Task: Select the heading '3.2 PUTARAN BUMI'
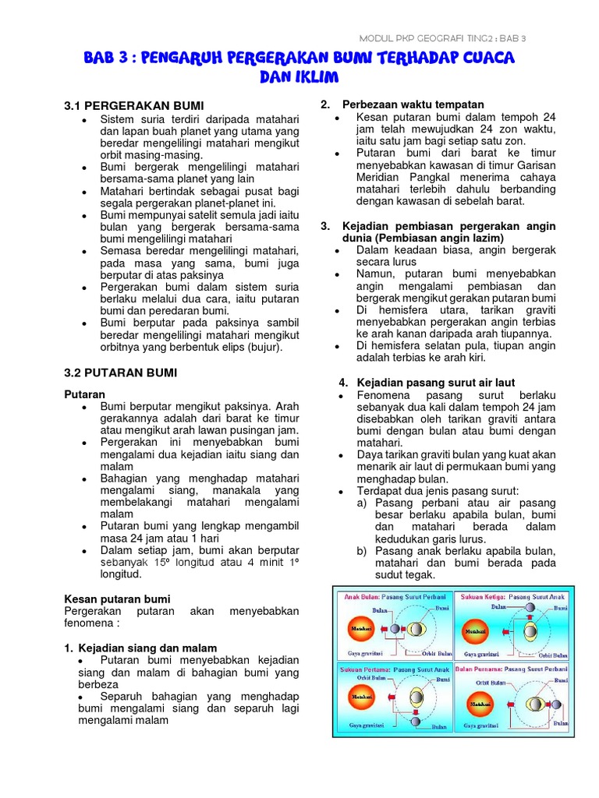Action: tap(120, 373)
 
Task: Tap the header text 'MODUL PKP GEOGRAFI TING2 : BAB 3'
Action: tap(441, 37)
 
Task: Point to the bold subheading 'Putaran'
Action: tap(84, 394)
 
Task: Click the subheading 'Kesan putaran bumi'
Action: tap(117, 598)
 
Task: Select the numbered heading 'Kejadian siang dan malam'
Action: tap(147, 648)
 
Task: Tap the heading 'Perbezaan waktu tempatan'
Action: tap(413, 104)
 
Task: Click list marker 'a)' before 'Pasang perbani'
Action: tap(363, 503)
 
